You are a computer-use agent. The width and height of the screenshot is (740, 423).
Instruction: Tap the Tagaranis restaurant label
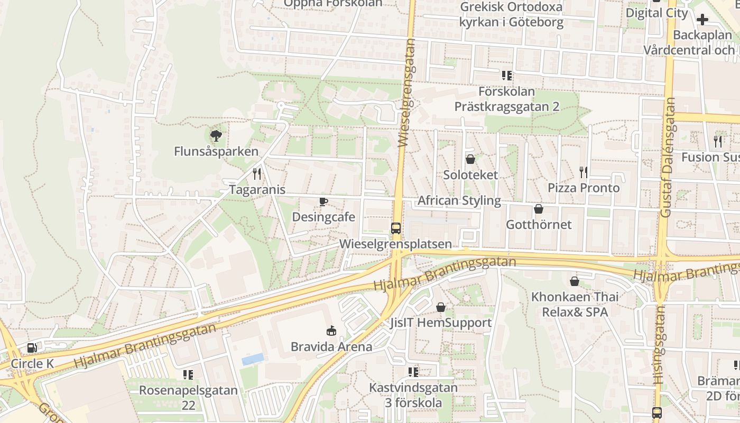[x=257, y=190]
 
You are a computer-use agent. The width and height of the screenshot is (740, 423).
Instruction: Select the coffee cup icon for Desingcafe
[x=323, y=201]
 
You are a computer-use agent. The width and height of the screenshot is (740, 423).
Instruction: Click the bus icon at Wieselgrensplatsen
[x=395, y=228]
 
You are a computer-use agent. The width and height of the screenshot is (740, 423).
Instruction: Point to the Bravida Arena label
[x=331, y=347]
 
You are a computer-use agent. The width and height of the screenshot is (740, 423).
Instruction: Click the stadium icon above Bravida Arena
[x=331, y=331]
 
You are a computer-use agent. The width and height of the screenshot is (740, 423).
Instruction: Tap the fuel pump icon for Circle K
[x=32, y=348]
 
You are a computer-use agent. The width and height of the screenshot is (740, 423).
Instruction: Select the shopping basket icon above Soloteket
[x=470, y=159]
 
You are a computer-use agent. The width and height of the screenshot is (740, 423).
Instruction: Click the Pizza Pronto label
[x=584, y=188]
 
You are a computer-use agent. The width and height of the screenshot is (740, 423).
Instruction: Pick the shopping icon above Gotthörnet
[x=539, y=209]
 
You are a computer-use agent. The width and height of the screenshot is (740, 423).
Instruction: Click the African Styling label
[x=459, y=200]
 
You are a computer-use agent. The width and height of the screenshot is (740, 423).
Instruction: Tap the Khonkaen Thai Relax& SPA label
[x=575, y=305]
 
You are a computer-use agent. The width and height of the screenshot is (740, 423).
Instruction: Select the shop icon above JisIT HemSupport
[x=440, y=307]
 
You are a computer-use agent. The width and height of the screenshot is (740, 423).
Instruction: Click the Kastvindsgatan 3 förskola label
[x=413, y=395]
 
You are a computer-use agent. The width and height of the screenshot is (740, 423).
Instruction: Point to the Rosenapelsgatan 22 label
[x=188, y=398]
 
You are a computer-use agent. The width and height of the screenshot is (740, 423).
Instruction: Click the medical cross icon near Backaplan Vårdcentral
[x=702, y=20]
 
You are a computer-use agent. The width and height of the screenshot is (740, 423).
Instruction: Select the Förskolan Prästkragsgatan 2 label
[x=506, y=99]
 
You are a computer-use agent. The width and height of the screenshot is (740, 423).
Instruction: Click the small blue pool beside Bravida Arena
[x=253, y=359]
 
